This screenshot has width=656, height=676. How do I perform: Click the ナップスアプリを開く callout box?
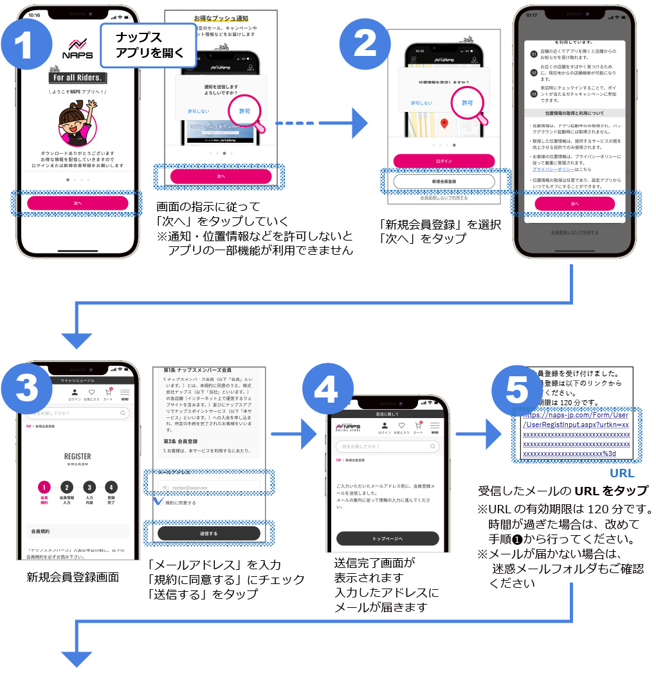(148, 45)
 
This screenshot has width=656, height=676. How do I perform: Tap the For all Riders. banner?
(77, 78)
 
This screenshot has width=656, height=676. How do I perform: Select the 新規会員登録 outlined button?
(444, 182)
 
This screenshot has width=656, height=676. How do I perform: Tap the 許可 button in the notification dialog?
(244, 111)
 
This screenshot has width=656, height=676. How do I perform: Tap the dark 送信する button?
(208, 533)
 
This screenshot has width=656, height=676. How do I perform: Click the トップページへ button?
(387, 538)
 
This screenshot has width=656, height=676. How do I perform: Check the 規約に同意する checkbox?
(158, 501)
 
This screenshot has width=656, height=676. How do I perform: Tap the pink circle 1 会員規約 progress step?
(44, 488)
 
